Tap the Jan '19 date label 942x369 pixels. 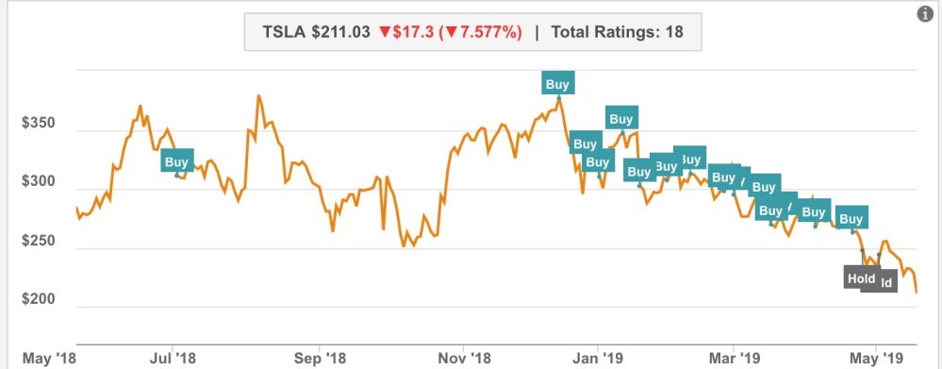click(597, 358)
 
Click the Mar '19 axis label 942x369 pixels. click(735, 358)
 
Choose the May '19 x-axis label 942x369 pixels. click(877, 358)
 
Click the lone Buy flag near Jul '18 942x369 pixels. click(176, 161)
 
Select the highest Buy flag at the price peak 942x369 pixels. click(557, 83)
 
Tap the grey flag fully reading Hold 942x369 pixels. click(860, 278)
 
